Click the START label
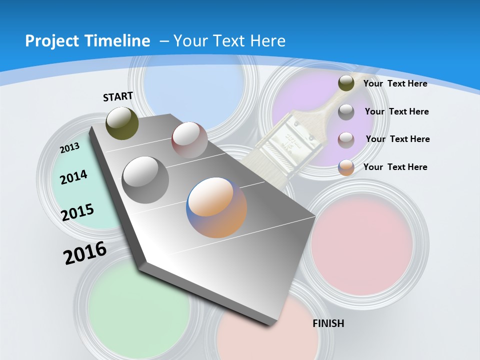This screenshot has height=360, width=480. tap(118, 96)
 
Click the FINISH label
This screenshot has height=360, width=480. tap(328, 323)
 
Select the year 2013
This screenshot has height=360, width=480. tap(69, 148)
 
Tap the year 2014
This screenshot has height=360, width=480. tap(73, 177)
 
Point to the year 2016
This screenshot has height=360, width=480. tap(85, 253)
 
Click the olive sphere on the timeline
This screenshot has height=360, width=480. tap(122, 123)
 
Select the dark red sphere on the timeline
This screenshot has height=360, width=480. tap(189, 139)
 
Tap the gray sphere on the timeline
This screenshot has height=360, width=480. tap(145, 179)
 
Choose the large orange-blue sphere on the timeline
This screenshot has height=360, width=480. tap(216, 207)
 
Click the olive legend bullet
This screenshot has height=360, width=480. tap(346, 83)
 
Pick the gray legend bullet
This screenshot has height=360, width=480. tap(346, 112)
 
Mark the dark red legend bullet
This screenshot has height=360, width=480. tap(346, 139)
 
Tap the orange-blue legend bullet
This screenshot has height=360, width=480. tap(346, 167)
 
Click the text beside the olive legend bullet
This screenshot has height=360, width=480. tap(395, 83)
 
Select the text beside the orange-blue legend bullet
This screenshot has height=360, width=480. tap(395, 167)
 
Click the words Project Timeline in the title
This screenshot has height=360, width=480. tap(87, 41)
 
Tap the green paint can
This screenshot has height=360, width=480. tap(137, 305)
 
